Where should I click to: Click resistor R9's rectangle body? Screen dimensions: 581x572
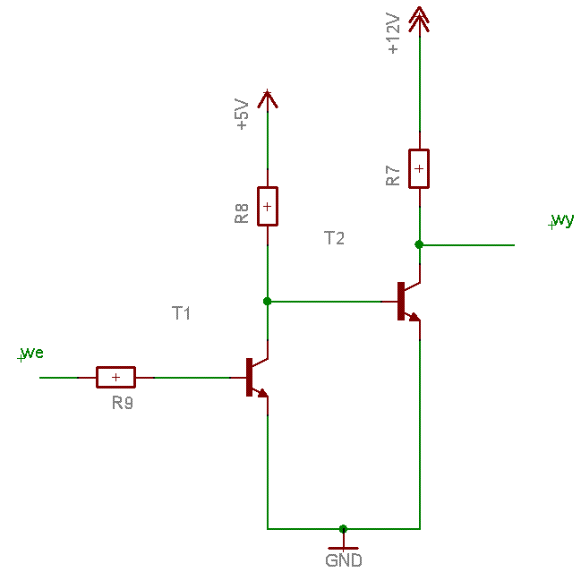coord(115,377)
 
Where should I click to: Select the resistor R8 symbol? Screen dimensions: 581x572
coord(268,207)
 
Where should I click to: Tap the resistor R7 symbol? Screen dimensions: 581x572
coord(419,169)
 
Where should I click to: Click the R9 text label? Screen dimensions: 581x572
coord(123,403)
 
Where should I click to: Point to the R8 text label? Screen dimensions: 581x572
coord(241,213)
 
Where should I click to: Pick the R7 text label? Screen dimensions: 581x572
coord(393,175)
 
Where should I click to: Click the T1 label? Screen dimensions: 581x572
coord(181,313)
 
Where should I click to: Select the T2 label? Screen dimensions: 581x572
coord(334,238)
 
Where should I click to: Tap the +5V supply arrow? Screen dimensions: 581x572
coord(268,99)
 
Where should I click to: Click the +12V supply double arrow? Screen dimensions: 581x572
coord(419,20)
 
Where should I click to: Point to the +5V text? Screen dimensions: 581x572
coord(241,114)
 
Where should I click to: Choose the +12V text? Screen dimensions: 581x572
coord(393,34)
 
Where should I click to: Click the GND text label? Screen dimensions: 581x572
coord(344,560)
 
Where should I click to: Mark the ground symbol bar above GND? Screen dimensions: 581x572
coord(344,548)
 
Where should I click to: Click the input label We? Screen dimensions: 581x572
coord(32,353)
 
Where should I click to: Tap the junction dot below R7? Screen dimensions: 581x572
coord(419,244)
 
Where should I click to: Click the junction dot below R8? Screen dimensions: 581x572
coord(267,301)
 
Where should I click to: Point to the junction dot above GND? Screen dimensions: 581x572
coord(343,529)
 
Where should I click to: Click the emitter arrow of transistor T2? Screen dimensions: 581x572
coord(414,317)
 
